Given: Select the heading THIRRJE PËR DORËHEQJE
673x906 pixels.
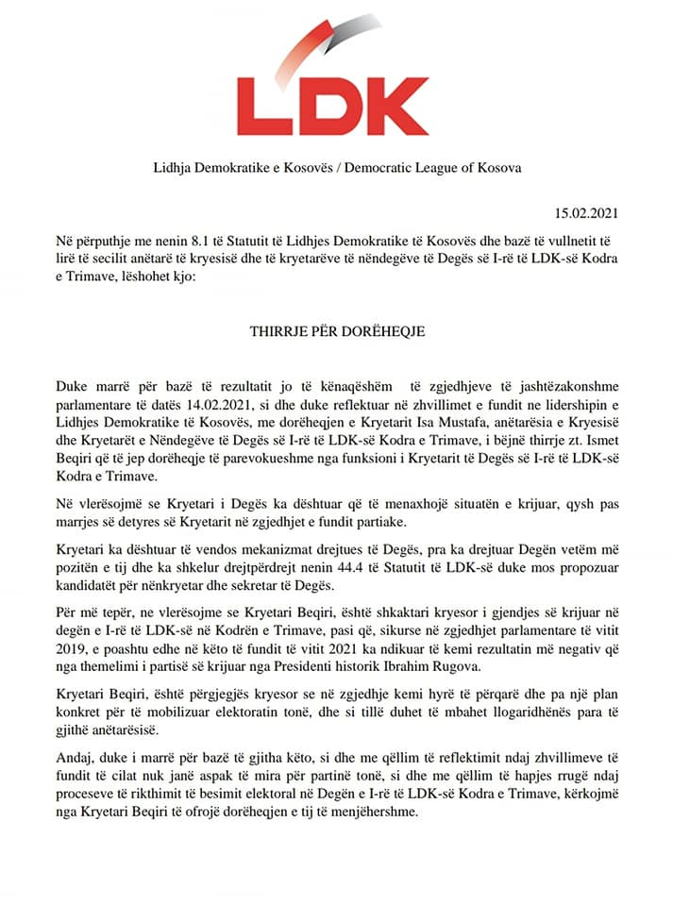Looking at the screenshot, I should (336, 332).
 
